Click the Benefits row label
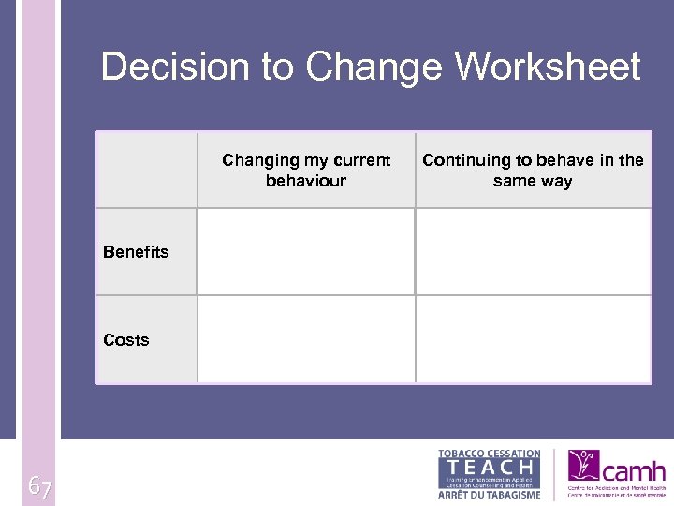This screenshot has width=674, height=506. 137,252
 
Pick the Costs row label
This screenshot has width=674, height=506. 126,340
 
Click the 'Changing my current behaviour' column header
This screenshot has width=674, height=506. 306,171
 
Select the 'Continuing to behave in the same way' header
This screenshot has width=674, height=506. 533,171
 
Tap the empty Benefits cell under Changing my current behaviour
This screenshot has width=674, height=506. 306,251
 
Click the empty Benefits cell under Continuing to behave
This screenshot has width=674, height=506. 533,251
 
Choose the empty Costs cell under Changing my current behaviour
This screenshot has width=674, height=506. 306,339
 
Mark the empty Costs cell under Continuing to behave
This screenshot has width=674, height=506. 533,339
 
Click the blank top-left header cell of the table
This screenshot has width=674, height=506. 147,170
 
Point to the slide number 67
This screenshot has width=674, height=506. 39,486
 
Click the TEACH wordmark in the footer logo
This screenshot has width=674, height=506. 490,467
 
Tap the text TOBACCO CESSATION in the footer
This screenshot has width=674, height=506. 490,454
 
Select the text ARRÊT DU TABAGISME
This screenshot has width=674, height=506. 490,494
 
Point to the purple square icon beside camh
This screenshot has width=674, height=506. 583,465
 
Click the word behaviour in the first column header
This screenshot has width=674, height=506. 306,181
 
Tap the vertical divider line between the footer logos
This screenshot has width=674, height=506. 554,474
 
